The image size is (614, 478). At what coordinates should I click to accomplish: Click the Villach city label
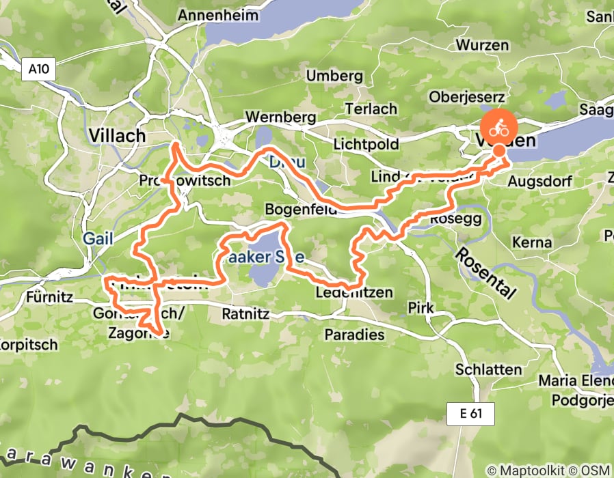tap(117, 135)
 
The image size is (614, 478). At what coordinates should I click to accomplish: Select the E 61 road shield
tap(470, 412)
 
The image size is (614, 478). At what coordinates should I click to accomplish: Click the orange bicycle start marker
tap(499, 126)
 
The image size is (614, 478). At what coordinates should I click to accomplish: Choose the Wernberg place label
tap(273, 117)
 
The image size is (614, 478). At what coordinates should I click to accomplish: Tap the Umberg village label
tap(334, 76)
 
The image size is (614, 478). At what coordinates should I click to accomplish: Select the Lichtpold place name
tap(365, 145)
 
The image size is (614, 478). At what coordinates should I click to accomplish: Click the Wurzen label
tap(484, 45)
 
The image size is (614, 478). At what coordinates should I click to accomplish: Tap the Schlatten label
tap(489, 369)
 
